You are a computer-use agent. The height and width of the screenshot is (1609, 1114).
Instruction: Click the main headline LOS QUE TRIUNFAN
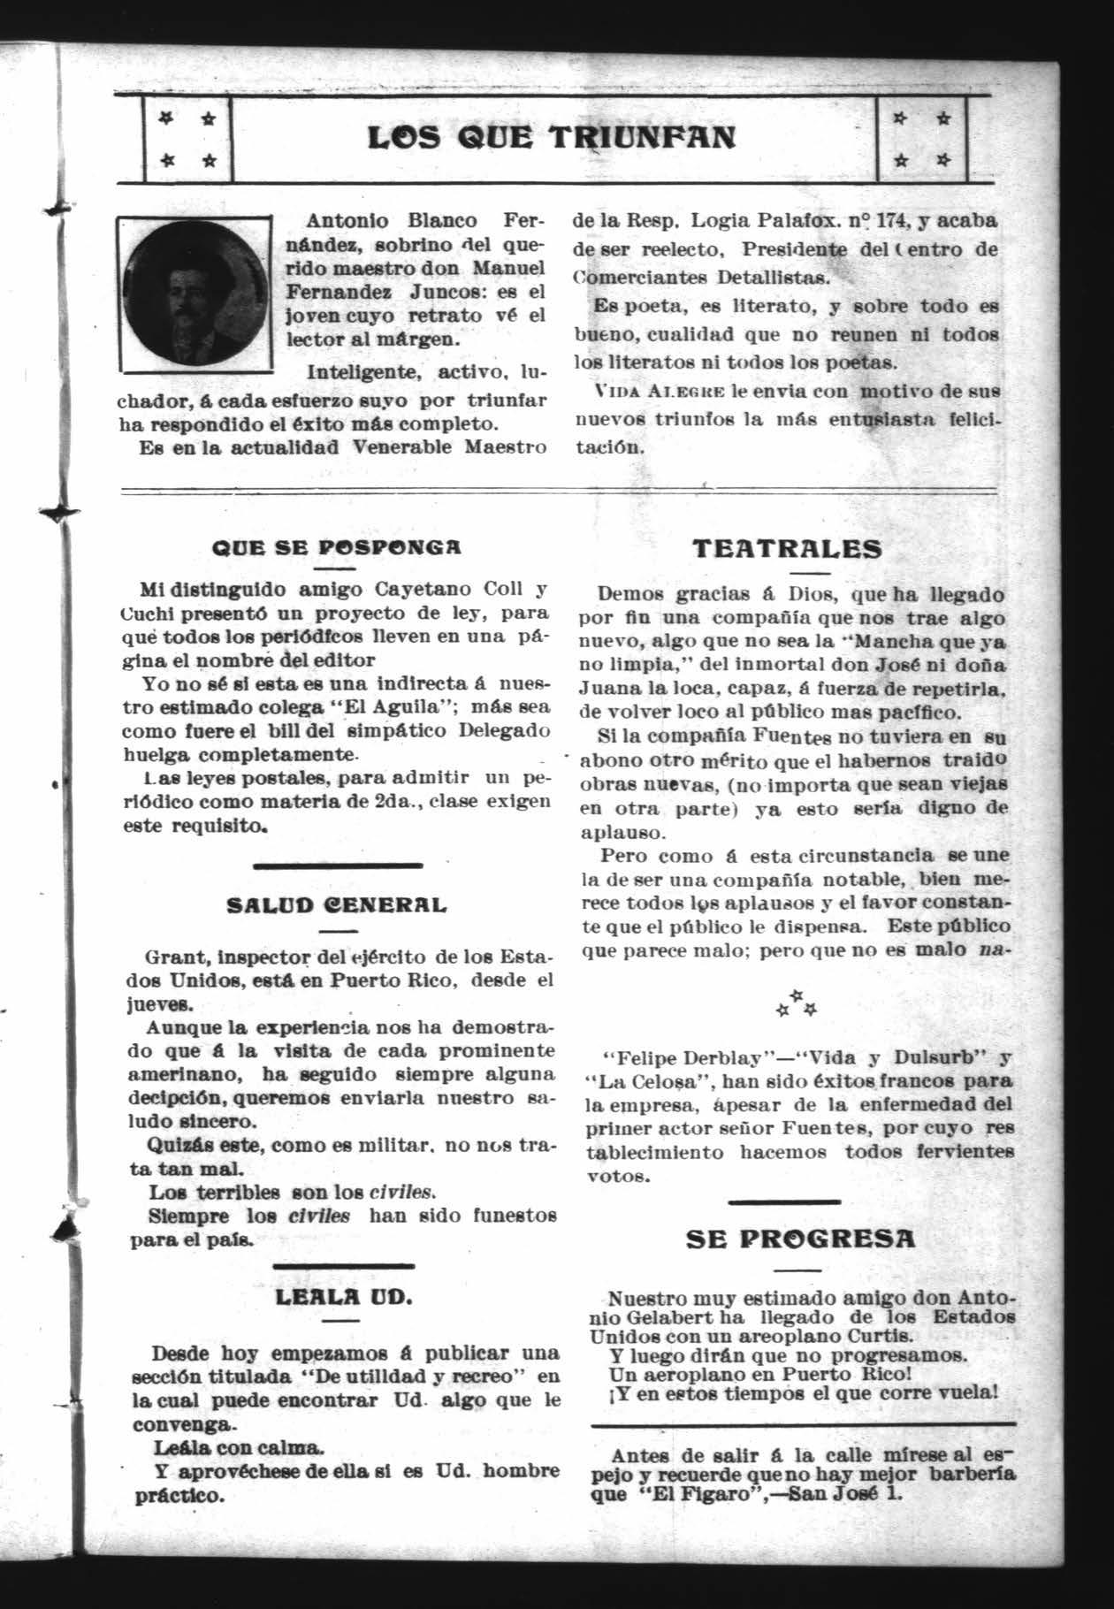tap(551, 138)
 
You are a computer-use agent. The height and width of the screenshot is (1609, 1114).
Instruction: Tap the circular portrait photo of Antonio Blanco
tap(195, 292)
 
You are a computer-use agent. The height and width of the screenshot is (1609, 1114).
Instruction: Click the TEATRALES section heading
tap(787, 548)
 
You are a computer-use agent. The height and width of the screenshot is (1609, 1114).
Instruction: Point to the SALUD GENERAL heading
tap(338, 905)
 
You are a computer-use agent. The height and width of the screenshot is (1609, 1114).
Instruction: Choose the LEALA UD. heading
tap(344, 1298)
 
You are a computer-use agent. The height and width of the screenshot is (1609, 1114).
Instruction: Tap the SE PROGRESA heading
tap(801, 1239)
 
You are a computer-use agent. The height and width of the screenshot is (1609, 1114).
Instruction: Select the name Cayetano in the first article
tap(425, 590)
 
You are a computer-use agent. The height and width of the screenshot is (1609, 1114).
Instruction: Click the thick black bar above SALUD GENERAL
tap(338, 865)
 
